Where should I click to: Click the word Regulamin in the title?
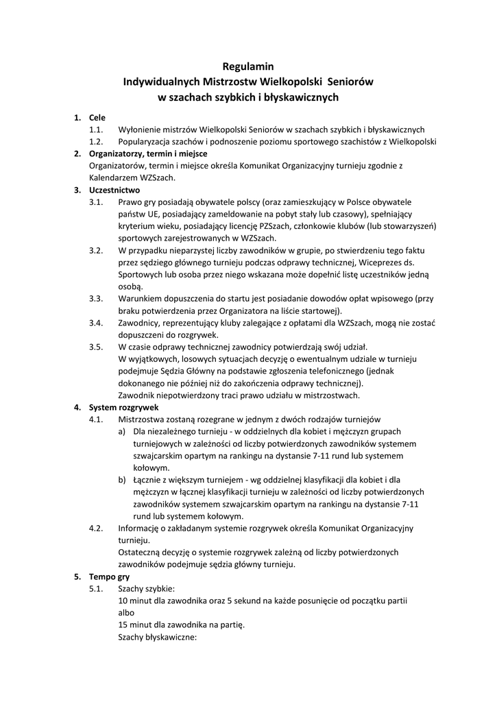(x=248, y=66)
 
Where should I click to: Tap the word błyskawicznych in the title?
(x=303, y=97)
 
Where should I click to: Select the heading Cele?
(x=97, y=118)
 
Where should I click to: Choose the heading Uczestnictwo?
(x=114, y=189)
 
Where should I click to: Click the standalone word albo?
(x=127, y=612)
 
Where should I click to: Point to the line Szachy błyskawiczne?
(x=158, y=636)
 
